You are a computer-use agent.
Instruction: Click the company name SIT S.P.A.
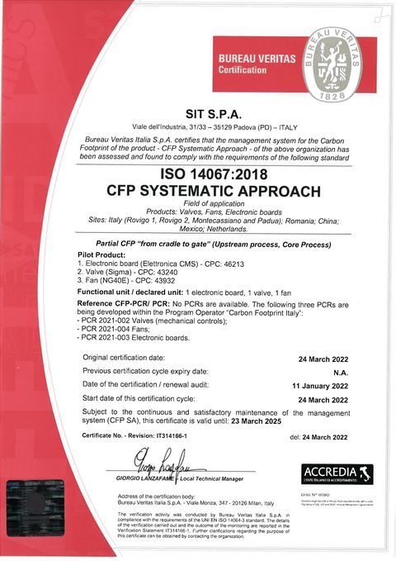(198, 114)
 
